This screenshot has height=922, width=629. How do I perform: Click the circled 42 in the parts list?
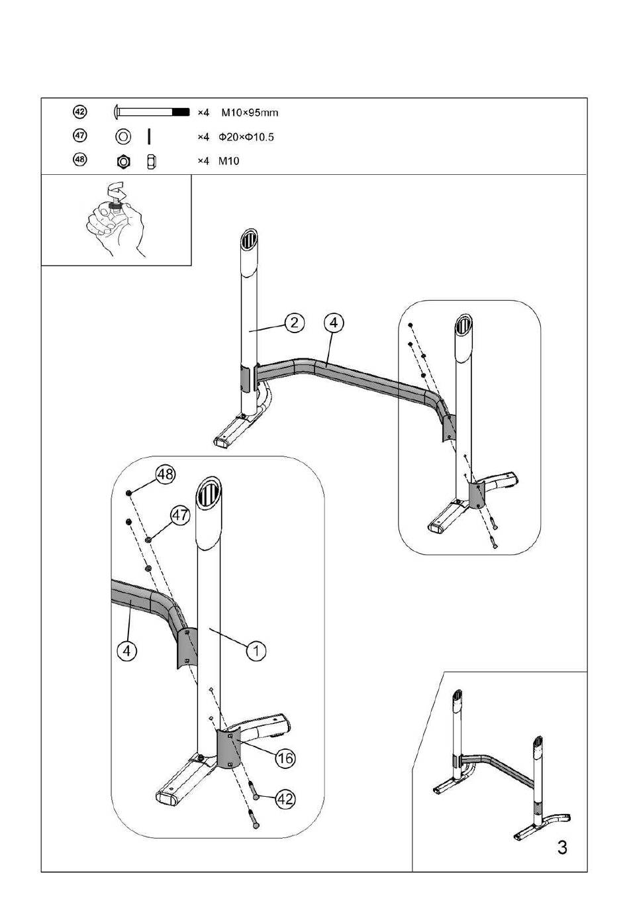click(80, 111)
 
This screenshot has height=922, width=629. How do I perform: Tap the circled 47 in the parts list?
click(80, 135)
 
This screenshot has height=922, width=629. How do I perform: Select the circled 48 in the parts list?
click(80, 160)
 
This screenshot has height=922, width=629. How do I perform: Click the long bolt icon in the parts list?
click(152, 111)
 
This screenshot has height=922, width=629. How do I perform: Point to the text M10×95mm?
click(250, 113)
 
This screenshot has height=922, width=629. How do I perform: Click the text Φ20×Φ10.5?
click(246, 137)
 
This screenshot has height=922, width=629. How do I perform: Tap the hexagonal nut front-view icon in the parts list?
click(123, 162)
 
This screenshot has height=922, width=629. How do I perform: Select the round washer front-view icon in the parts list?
click(123, 136)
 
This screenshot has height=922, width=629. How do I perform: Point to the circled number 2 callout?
click(294, 323)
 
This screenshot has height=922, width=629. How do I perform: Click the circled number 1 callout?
click(256, 650)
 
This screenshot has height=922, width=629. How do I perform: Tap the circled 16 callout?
click(285, 758)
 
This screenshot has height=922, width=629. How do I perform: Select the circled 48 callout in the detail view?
click(166, 475)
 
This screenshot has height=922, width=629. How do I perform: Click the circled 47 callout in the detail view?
click(180, 515)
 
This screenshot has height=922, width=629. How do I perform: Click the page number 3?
click(562, 848)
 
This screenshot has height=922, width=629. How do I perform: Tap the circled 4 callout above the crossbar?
click(334, 323)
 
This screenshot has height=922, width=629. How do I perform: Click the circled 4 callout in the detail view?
click(127, 651)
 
